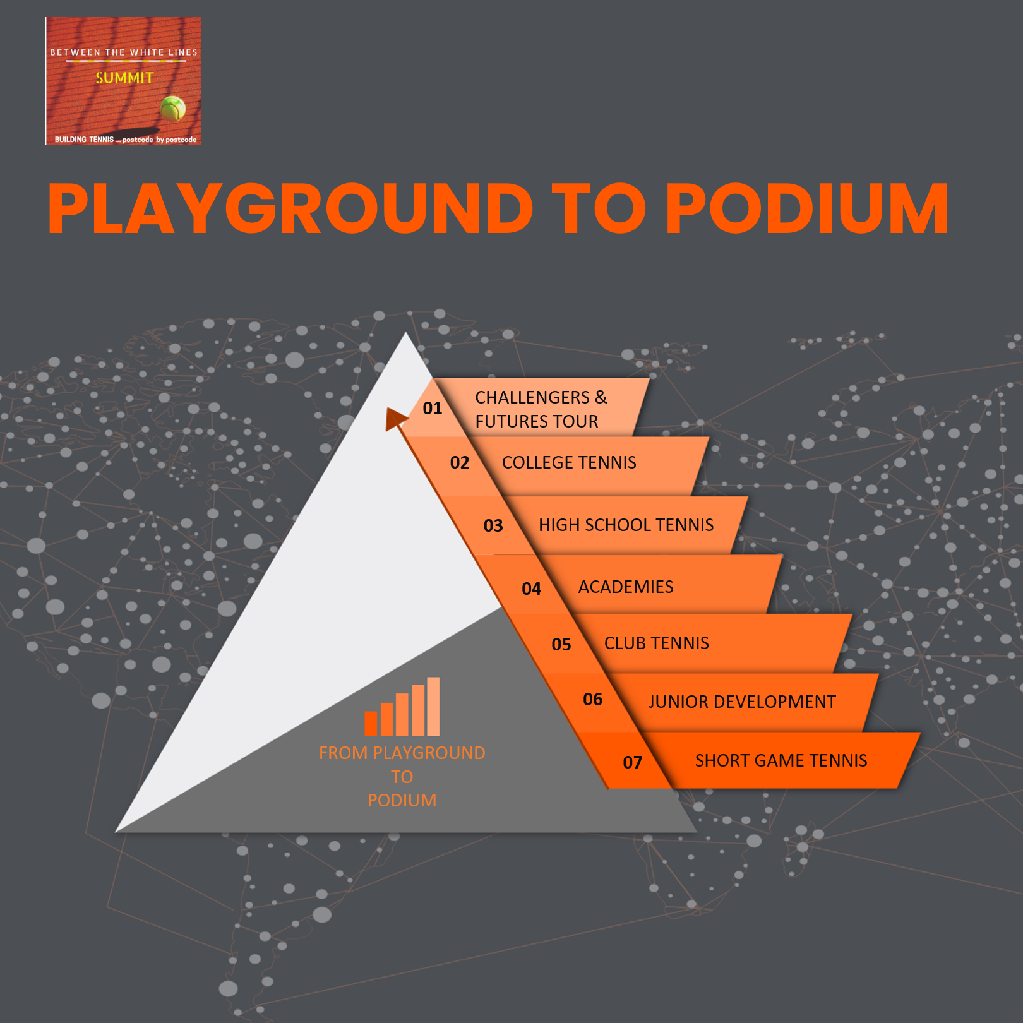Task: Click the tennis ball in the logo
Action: coord(172,109)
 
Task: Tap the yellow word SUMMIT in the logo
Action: coord(124,78)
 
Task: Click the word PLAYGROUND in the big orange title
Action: coord(290,209)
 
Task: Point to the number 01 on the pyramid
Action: coord(433,409)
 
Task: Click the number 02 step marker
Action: coord(460,463)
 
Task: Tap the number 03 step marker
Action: coord(493,526)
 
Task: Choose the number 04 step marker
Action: coord(531,589)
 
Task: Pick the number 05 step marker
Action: coord(561,645)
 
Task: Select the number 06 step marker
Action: coord(592,700)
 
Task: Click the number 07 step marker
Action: coord(632,763)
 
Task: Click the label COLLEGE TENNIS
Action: coord(569,463)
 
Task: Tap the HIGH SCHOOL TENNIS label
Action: coord(626,525)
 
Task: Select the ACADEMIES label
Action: coord(626,587)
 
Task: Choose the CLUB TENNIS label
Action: coord(656,643)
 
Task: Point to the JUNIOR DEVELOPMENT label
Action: coord(741,702)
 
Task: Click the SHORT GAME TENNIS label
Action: coord(781,761)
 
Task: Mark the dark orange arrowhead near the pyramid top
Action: coord(395,418)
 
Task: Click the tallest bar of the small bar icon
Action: coord(433,706)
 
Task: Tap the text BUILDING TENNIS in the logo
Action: coord(84,140)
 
